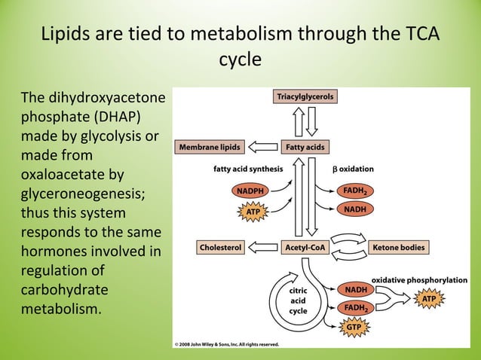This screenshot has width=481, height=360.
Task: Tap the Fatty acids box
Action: coord(305,147)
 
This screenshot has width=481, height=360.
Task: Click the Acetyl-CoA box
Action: coord(305,247)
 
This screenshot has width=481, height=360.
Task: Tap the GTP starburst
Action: coord(354,328)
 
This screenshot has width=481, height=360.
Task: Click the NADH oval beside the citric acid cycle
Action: coord(356,289)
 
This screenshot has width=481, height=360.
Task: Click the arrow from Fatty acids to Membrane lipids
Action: coord(263,147)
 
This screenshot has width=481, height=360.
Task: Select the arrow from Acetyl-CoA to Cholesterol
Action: coord(263,247)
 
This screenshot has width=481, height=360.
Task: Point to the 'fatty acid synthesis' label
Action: coord(248,169)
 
